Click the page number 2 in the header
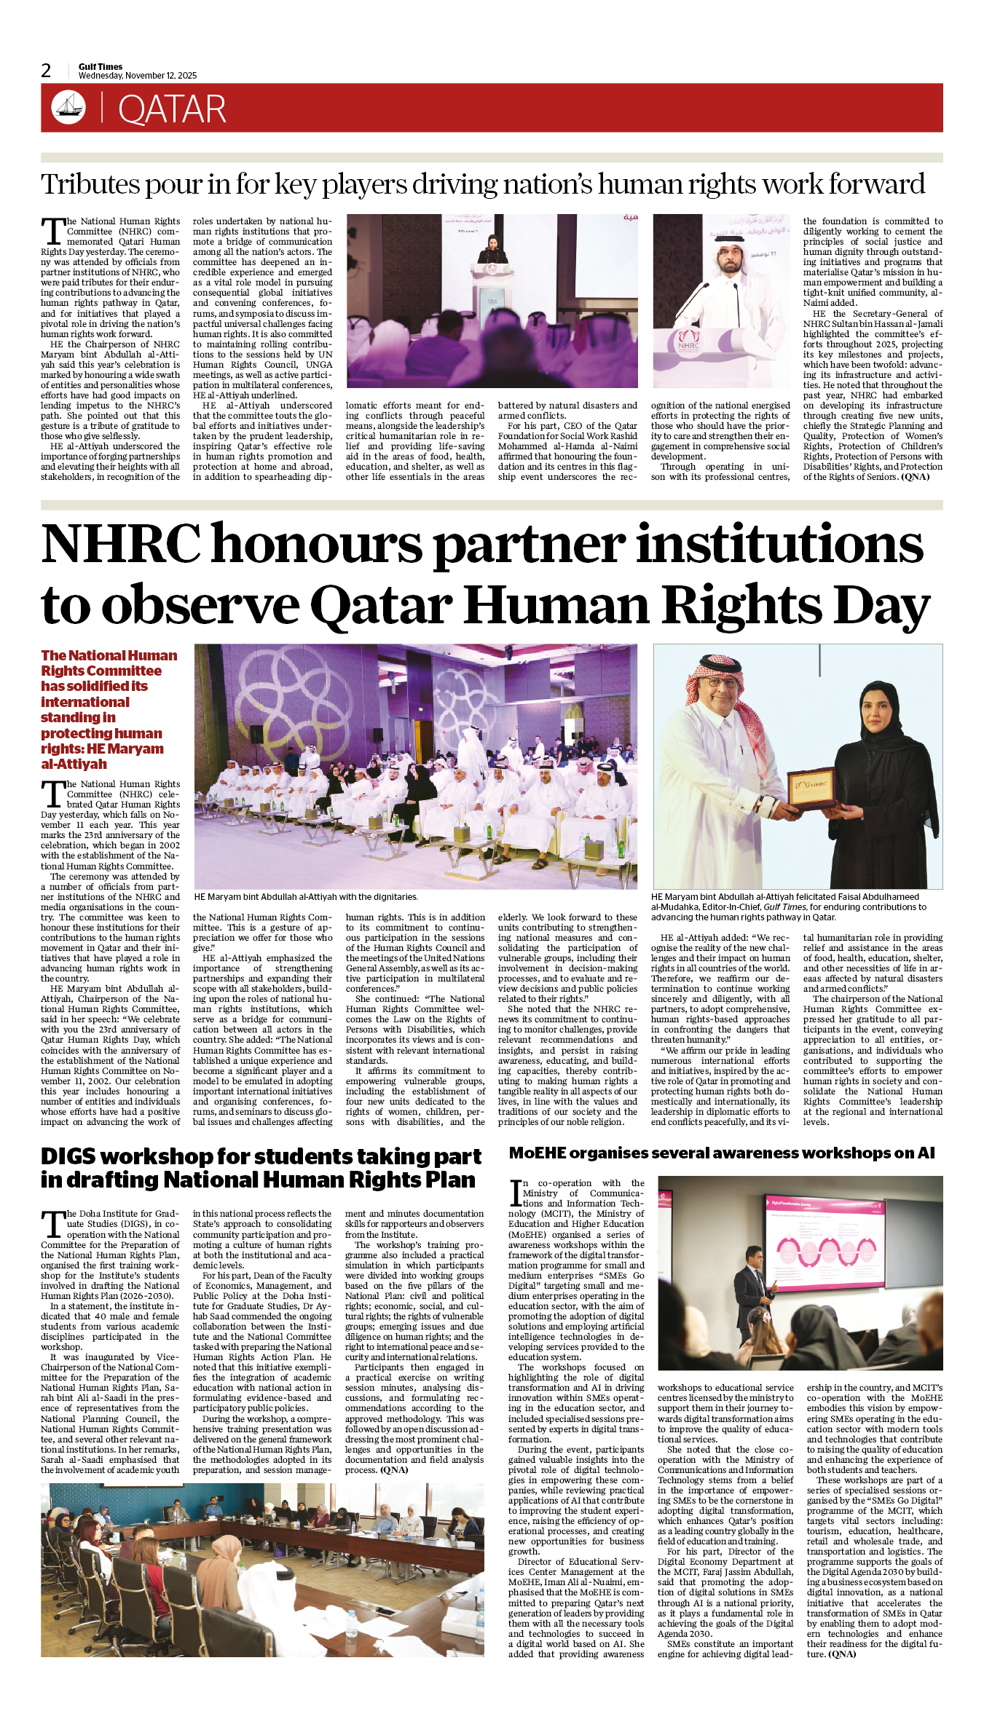tap(46, 71)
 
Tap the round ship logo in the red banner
tap(68, 107)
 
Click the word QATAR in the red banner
tap(172, 109)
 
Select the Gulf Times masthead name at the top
tap(101, 66)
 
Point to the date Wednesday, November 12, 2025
tap(138, 76)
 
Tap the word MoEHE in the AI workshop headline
tap(537, 1153)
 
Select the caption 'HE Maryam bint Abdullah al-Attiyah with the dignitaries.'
tap(306, 897)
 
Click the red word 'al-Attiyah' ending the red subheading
tap(74, 765)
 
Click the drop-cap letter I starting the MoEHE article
tap(516, 1192)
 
